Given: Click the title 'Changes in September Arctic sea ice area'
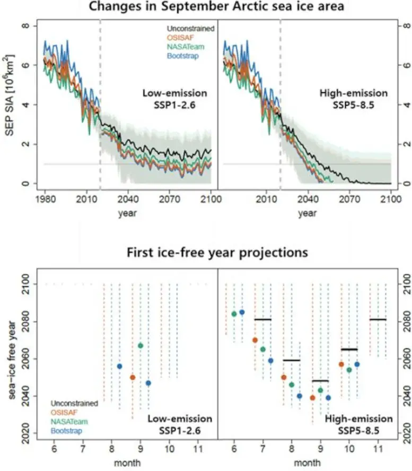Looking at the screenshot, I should coord(206,7).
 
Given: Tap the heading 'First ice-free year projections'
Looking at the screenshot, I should coord(217,252).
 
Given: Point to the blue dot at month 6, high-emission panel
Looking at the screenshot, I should coord(242,312).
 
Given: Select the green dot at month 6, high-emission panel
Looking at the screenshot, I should coord(234,313).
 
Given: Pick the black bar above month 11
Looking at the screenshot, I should coord(378,319).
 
